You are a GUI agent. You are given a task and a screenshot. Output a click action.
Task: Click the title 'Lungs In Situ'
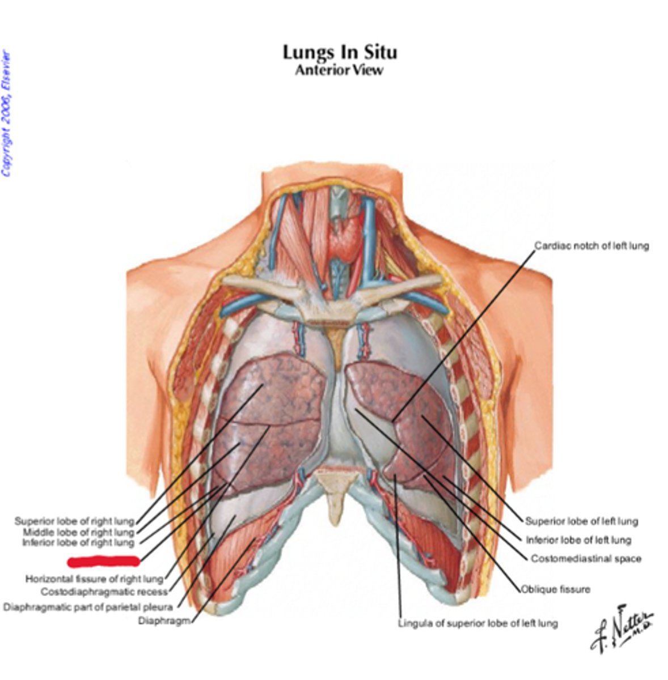[x=340, y=52]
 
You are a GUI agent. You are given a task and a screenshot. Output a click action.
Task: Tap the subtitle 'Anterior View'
[x=339, y=70]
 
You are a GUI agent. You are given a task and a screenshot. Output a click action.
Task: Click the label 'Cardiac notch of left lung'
[x=591, y=246]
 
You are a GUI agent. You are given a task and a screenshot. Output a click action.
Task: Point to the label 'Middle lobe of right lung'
[x=78, y=532]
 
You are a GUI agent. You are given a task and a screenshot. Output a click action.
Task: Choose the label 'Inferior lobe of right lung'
[x=78, y=543]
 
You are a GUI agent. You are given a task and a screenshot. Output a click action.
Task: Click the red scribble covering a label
[x=103, y=562]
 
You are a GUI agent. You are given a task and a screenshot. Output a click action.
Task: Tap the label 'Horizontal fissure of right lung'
[x=94, y=579]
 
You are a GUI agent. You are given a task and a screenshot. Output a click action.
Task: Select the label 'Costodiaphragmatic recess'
[x=104, y=592]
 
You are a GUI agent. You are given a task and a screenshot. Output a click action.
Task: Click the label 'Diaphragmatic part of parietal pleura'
[x=88, y=607]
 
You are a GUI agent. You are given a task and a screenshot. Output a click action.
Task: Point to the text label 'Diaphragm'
[x=164, y=620]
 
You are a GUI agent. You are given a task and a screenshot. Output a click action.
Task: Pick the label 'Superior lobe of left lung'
[x=581, y=521]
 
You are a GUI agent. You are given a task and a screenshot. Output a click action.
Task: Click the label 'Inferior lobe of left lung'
[x=578, y=540]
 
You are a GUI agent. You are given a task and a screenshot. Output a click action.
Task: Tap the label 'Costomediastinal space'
[x=586, y=559]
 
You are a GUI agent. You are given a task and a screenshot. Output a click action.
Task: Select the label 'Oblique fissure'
[x=556, y=589]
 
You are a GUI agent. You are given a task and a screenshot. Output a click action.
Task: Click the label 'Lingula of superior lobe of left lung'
[x=477, y=623]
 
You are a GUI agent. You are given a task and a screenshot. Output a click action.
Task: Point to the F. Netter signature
[x=621, y=629]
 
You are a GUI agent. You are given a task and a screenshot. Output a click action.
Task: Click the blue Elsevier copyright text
[x=6, y=113]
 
